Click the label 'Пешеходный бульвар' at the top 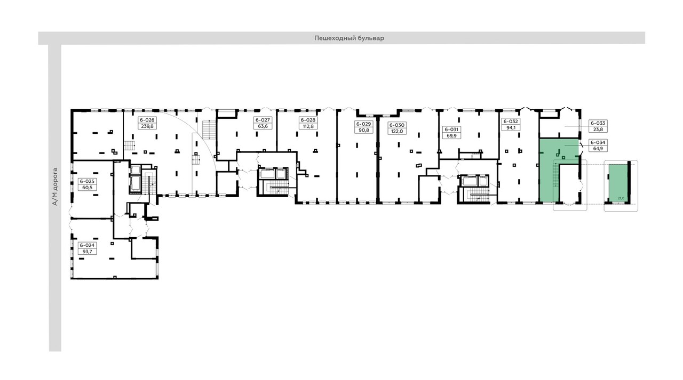click(349, 38)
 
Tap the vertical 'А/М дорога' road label click(54, 187)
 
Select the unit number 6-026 click(146, 120)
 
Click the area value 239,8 click(146, 127)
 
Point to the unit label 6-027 click(261, 120)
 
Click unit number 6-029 click(363, 124)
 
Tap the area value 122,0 click(396, 131)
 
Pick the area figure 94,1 click(511, 127)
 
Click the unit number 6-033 click(597, 123)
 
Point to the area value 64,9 click(597, 149)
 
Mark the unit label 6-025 click(86, 181)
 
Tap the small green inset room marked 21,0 click(616, 181)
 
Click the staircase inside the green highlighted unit click(556, 175)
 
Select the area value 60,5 click(86, 188)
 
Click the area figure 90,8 click(363, 130)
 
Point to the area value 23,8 click(597, 129)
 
